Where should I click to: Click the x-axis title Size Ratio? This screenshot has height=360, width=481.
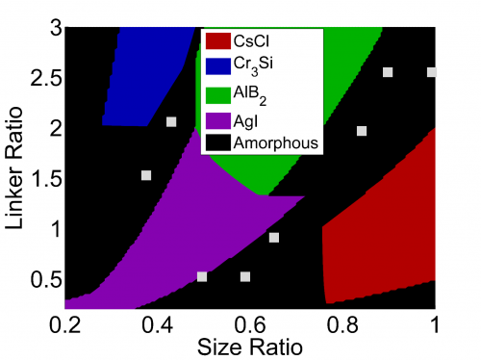251,345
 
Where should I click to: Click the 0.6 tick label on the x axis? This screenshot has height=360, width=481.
251,322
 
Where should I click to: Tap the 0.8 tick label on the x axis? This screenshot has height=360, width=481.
343,322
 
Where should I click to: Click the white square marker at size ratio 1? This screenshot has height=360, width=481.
432,72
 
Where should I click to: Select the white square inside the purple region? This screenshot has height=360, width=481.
202,277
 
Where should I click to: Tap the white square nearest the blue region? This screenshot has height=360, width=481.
171,121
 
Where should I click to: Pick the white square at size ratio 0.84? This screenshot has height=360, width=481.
362,131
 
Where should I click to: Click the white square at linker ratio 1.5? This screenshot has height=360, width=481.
146,175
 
